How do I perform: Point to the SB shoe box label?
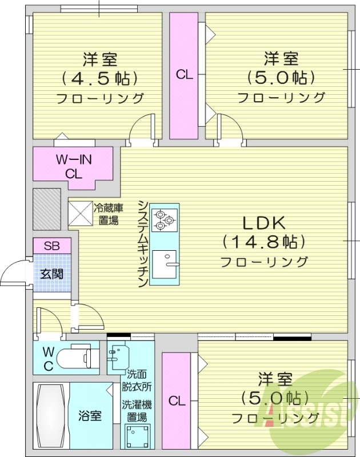coord(52,246)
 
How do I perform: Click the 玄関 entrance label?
coord(51,272)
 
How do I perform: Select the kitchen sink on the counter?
coord(165,264)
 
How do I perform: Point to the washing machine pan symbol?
coord(137,438)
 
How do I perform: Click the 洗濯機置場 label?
coord(137,411)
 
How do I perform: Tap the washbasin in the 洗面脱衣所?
coord(117,358)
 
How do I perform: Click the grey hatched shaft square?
coord(46,208)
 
